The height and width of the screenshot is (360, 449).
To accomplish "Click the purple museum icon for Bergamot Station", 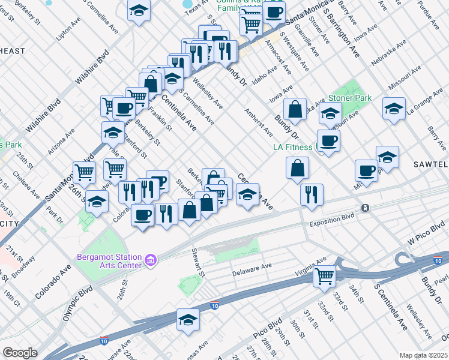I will (x=151, y=260).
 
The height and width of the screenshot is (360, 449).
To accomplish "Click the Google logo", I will (x=20, y=353).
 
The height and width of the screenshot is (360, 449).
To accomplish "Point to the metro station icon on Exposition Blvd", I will (x=364, y=208).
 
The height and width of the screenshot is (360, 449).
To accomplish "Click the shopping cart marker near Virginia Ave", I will (x=325, y=276).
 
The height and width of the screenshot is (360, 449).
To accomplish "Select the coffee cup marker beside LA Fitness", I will (x=328, y=141).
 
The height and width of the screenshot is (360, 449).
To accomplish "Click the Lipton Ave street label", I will (x=68, y=32).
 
